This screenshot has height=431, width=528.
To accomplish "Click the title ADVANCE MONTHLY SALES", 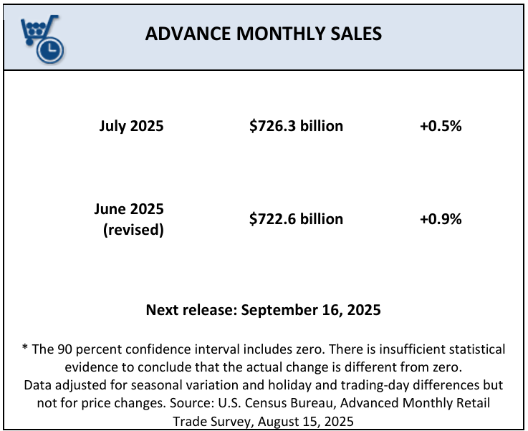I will click(263, 34).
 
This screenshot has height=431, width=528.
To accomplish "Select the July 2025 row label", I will click(131, 126).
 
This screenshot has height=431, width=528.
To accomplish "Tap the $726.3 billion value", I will click(296, 126).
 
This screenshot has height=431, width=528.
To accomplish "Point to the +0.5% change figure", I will click(441, 126).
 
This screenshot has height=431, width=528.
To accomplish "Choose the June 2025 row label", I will click(128, 209).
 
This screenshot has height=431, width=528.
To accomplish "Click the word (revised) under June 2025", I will click(133, 229).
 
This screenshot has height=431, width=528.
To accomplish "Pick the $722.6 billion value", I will click(296, 219).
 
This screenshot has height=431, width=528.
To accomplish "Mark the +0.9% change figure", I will click(441, 219).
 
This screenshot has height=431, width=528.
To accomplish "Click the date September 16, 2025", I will click(311, 310).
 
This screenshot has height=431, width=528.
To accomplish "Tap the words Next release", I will click(191, 310).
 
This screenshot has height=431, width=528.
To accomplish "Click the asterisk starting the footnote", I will click(25, 350).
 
